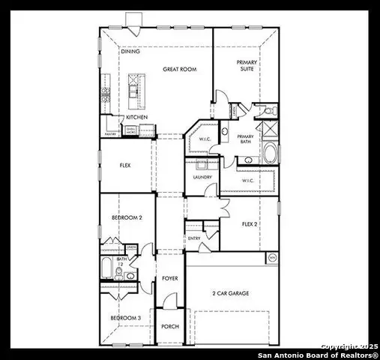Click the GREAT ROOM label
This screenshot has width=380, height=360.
[x=179, y=69]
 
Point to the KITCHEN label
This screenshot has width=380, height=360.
[x=136, y=117]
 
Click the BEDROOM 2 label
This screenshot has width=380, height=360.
[x=127, y=217]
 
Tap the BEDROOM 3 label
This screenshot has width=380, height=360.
[x=126, y=318]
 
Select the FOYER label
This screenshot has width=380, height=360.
[x=170, y=278]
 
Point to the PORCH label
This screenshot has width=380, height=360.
[x=169, y=327]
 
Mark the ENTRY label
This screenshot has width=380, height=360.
[x=194, y=238]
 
